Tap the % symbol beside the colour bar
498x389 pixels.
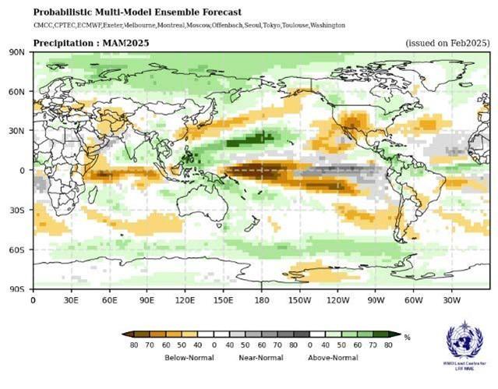[407, 337]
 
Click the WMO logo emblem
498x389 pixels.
[464, 341]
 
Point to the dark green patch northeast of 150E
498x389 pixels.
[251, 140]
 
